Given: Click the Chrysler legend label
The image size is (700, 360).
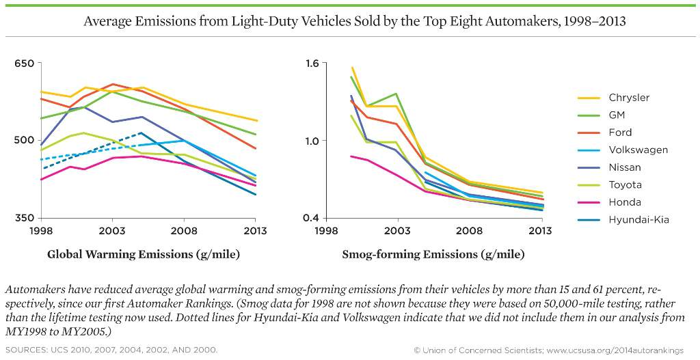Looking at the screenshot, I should point(629,98).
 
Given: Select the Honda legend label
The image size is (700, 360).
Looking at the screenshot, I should point(625,202).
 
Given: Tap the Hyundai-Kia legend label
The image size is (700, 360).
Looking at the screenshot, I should point(638,219).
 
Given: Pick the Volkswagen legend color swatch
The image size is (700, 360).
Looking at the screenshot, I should point(589,150).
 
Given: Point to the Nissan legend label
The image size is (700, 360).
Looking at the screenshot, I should point(625,167).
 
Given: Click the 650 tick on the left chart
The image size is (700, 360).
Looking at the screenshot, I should point(24,64).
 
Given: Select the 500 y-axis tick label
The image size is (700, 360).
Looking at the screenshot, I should point(24,141).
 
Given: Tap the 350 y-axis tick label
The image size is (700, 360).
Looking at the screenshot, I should point(24,218).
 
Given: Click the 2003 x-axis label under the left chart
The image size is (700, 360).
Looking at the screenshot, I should point(112,231).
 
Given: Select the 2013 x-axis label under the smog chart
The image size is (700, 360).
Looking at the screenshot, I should point(541,231).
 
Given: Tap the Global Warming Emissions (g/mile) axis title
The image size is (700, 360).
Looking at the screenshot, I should point(144,255).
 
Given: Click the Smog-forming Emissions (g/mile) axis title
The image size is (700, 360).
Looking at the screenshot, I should point(433,255).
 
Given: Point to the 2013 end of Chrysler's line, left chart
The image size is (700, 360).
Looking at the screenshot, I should point(255,121).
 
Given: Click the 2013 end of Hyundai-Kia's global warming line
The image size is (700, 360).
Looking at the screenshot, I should point(255,195).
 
